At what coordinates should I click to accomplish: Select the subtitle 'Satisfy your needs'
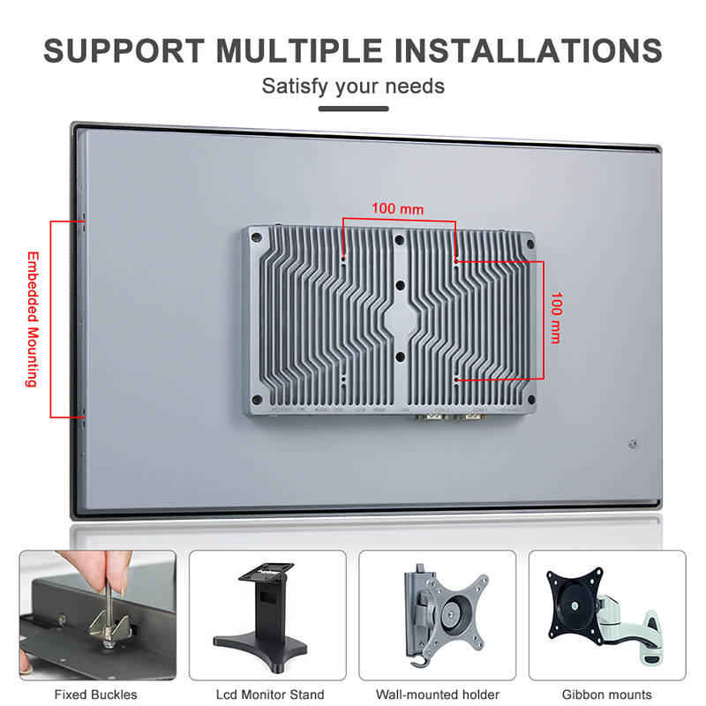point(353,86)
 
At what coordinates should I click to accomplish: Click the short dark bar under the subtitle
point(353,109)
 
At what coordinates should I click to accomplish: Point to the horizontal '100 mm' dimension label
point(397,209)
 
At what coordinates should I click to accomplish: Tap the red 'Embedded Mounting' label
point(31,319)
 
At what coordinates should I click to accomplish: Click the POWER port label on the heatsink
point(282,410)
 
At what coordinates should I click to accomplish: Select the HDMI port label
point(380,410)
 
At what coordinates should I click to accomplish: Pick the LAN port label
point(404,410)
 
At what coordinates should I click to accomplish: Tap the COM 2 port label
point(441,410)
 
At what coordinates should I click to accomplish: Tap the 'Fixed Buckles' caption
point(95,695)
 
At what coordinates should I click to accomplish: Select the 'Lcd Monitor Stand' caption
point(270,695)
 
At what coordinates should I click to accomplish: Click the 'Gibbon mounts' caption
point(607,695)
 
